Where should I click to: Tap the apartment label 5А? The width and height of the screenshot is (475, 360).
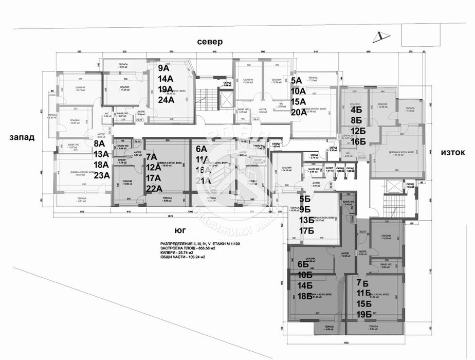tap(297, 80)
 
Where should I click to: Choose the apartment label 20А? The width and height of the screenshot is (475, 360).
tap(299, 113)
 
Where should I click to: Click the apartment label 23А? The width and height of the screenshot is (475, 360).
tap(101, 175)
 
